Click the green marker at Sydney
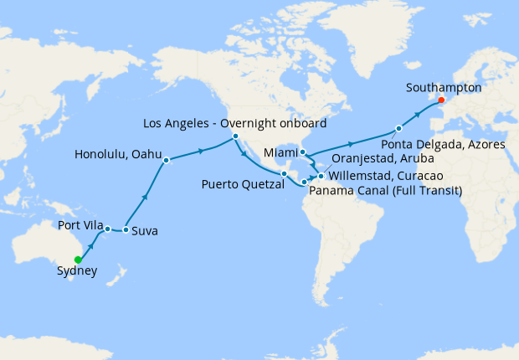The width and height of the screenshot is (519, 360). tap(78, 260)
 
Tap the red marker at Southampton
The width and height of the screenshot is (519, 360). tap(442, 101)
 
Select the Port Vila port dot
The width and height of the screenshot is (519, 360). tap(108, 229)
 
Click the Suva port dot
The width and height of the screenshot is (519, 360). tap(126, 229)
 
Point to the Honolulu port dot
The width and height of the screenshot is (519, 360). tap(167, 159)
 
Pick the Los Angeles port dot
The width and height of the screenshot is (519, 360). tap(236, 136)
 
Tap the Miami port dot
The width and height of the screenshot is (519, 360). tap(303, 152)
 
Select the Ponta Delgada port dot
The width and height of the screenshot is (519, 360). tap(399, 128)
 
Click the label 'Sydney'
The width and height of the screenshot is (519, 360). tap(77, 271)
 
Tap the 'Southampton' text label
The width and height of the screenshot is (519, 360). tap(442, 86)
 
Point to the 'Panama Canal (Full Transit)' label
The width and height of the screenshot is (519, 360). tap(376, 190)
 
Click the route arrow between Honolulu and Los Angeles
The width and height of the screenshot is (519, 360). tap(202, 151)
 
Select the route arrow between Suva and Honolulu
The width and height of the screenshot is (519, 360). tap(146, 197)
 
